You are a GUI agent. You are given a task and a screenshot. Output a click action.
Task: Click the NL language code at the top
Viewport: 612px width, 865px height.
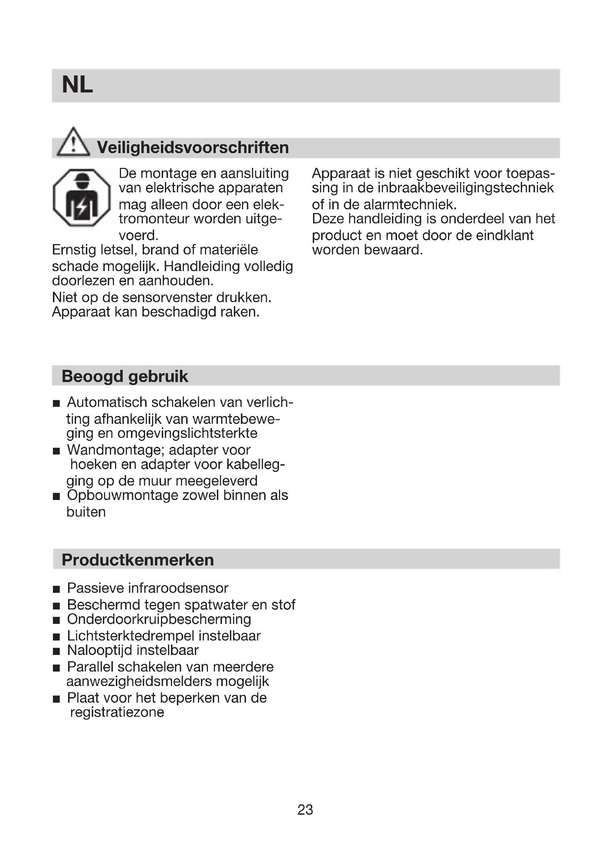[x=77, y=85]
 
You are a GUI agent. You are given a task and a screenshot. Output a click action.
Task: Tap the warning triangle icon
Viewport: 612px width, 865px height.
[x=73, y=142]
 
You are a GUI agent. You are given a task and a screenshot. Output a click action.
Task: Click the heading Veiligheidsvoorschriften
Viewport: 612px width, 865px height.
[x=192, y=147]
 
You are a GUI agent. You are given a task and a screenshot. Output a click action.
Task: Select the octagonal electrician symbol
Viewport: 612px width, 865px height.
[x=82, y=197]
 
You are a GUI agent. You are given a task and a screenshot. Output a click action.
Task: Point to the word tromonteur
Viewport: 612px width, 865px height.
[x=154, y=219]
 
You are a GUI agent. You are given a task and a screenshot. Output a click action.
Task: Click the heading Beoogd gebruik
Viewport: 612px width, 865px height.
[x=125, y=376]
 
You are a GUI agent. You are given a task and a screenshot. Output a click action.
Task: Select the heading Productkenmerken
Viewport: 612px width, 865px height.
[x=138, y=560]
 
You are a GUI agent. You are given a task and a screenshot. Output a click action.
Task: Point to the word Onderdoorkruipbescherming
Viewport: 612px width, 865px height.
[x=159, y=619]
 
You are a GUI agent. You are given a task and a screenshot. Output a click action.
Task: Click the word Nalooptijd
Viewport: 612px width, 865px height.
[x=100, y=650]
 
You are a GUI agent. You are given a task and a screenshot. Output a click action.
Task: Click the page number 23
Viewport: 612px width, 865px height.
[x=305, y=810]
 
